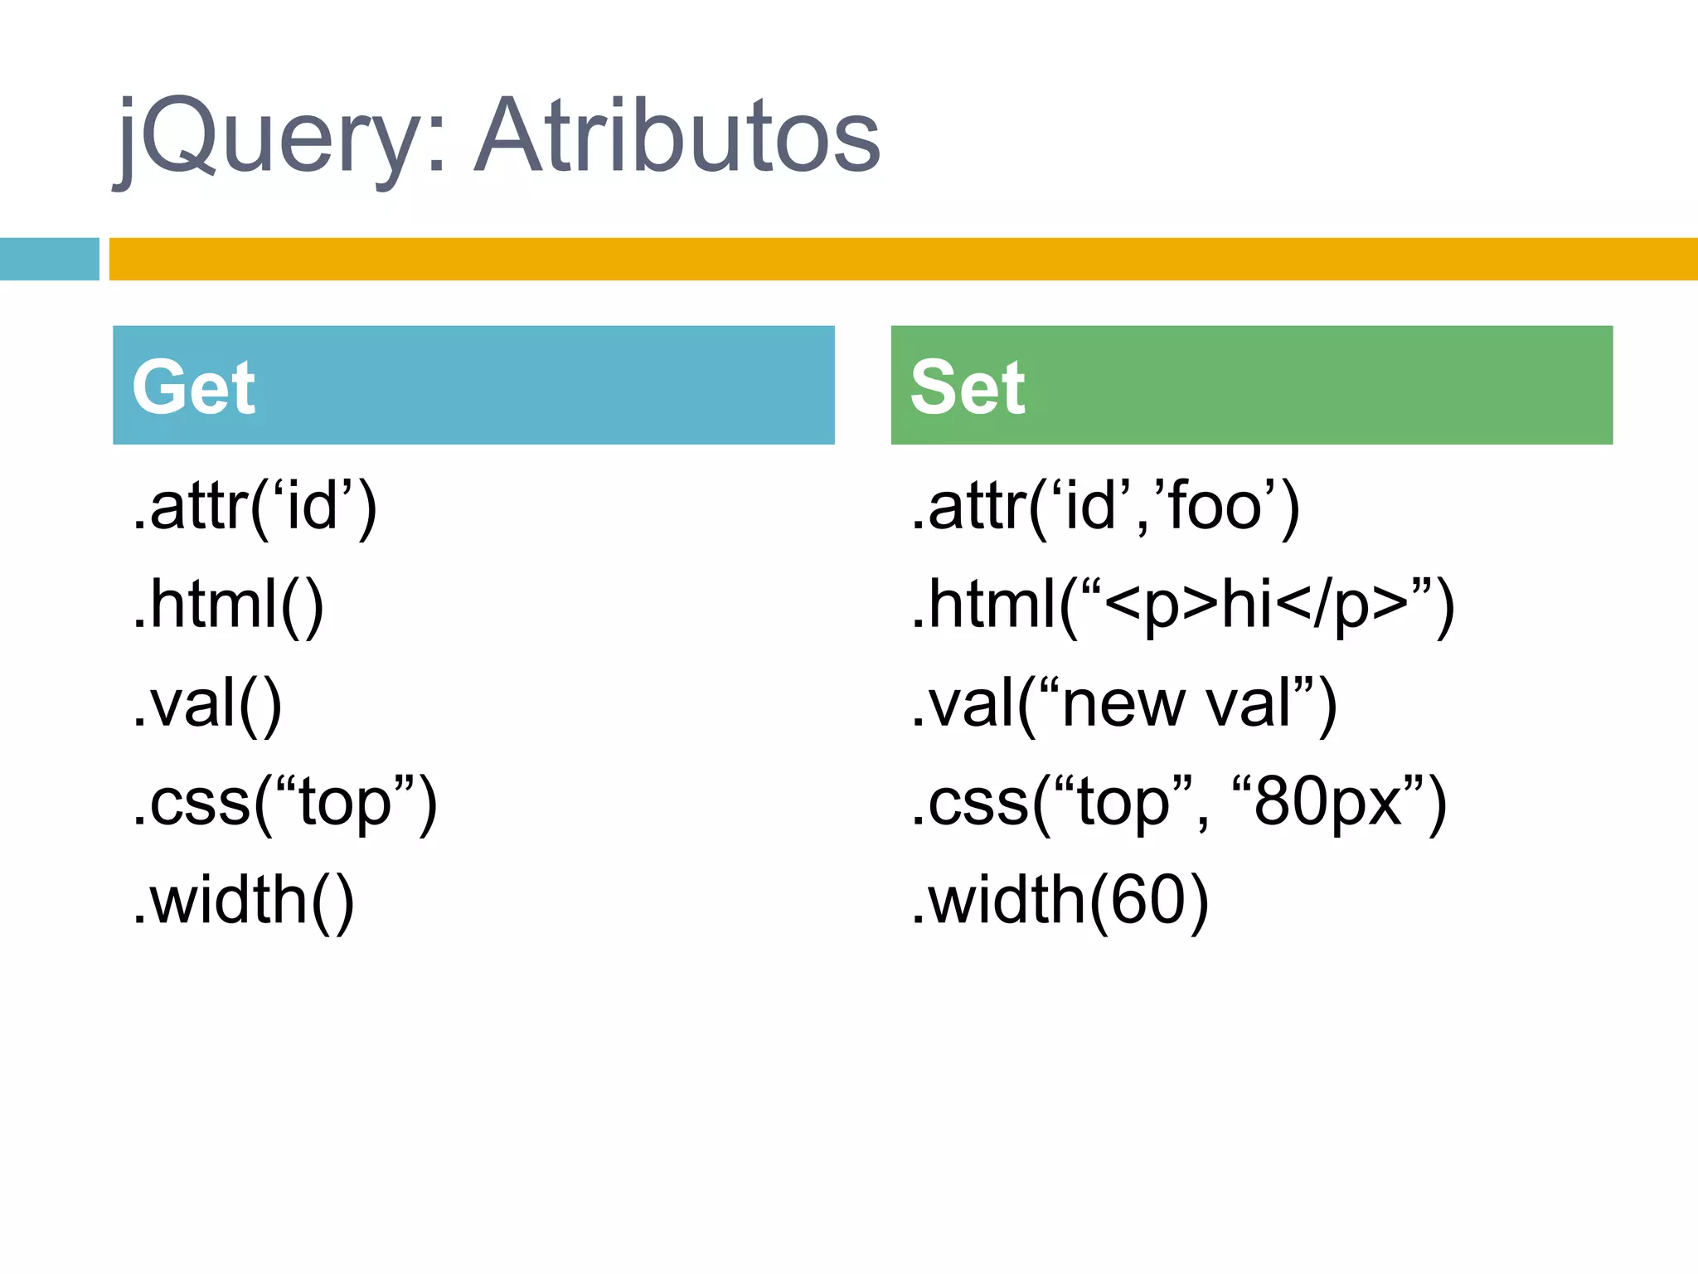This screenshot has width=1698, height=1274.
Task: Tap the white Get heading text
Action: [x=193, y=387]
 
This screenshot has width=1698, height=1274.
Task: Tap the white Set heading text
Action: [x=967, y=387]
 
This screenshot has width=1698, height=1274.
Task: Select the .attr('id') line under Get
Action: [x=255, y=507]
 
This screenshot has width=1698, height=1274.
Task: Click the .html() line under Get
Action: [x=228, y=605]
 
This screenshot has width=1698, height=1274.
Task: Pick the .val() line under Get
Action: [x=207, y=704]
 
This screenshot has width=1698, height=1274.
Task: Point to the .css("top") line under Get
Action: [x=284, y=803]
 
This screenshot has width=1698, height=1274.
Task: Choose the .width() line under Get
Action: [x=243, y=901]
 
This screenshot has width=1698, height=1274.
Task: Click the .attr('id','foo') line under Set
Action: [x=1105, y=507]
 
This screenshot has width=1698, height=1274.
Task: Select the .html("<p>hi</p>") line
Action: [x=1182, y=605]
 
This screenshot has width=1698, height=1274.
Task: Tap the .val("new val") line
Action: [x=1123, y=704]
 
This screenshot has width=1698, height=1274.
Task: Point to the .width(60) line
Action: [x=1060, y=901]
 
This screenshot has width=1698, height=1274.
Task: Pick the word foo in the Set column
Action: [x=1214, y=507]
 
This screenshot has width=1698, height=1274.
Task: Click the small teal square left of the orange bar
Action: [x=49, y=259]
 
